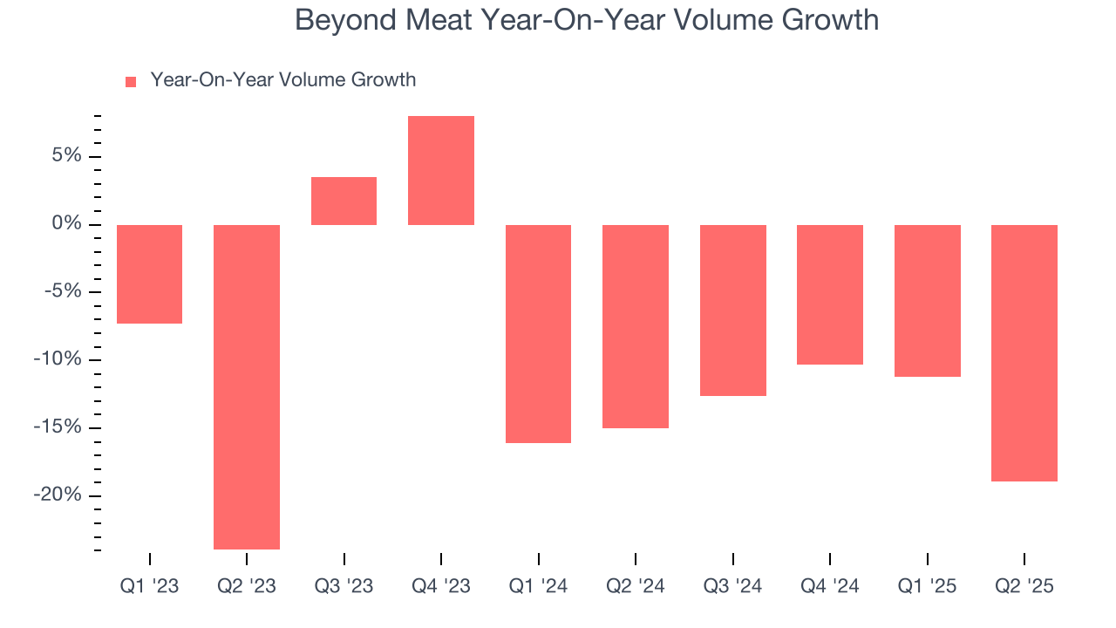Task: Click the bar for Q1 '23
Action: coord(149,274)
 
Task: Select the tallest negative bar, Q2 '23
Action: coord(247,386)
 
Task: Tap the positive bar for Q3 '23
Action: coord(344,201)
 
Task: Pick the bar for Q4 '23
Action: coord(441,170)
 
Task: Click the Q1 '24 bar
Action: coord(538,333)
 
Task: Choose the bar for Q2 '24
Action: coord(636,326)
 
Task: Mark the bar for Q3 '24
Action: coord(732,310)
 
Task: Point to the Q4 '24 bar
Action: coord(830,294)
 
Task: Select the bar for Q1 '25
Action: coord(927,300)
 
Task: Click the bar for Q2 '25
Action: coord(1024,352)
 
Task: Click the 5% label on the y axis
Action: coord(65,156)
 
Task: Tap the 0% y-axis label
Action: coord(65,224)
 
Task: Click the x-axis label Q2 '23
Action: coord(247,586)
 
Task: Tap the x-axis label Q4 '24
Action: coord(830,586)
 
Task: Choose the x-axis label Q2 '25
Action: coord(1024,586)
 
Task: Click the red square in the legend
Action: coord(131,81)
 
